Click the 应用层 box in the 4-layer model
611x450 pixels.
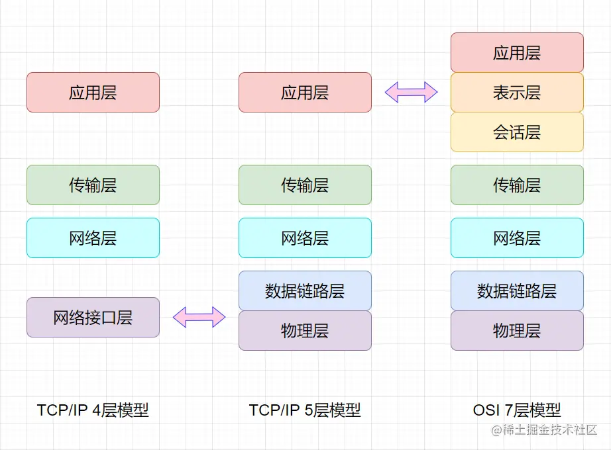(93, 93)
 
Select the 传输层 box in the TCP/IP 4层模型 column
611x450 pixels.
(93, 185)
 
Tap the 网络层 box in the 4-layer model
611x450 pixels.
(93, 238)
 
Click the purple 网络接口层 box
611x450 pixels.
(93, 318)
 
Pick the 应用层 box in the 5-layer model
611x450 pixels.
(305, 93)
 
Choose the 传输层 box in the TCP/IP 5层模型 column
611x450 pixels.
(305, 185)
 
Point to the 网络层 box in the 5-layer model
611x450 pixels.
(305, 238)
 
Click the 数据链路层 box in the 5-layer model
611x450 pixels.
(305, 291)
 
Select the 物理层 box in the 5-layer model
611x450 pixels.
(305, 331)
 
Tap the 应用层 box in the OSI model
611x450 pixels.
(517, 53)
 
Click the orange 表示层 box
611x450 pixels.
(517, 93)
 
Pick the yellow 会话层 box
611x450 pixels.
(517, 132)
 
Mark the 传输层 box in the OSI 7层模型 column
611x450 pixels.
(517, 185)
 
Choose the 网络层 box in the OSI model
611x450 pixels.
(517, 238)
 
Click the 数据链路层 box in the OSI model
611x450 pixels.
(517, 291)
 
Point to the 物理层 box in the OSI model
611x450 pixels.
(517, 331)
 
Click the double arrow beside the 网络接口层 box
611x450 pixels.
(199, 318)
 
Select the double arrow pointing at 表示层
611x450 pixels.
(411, 92)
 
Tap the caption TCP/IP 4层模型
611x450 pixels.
(93, 410)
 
